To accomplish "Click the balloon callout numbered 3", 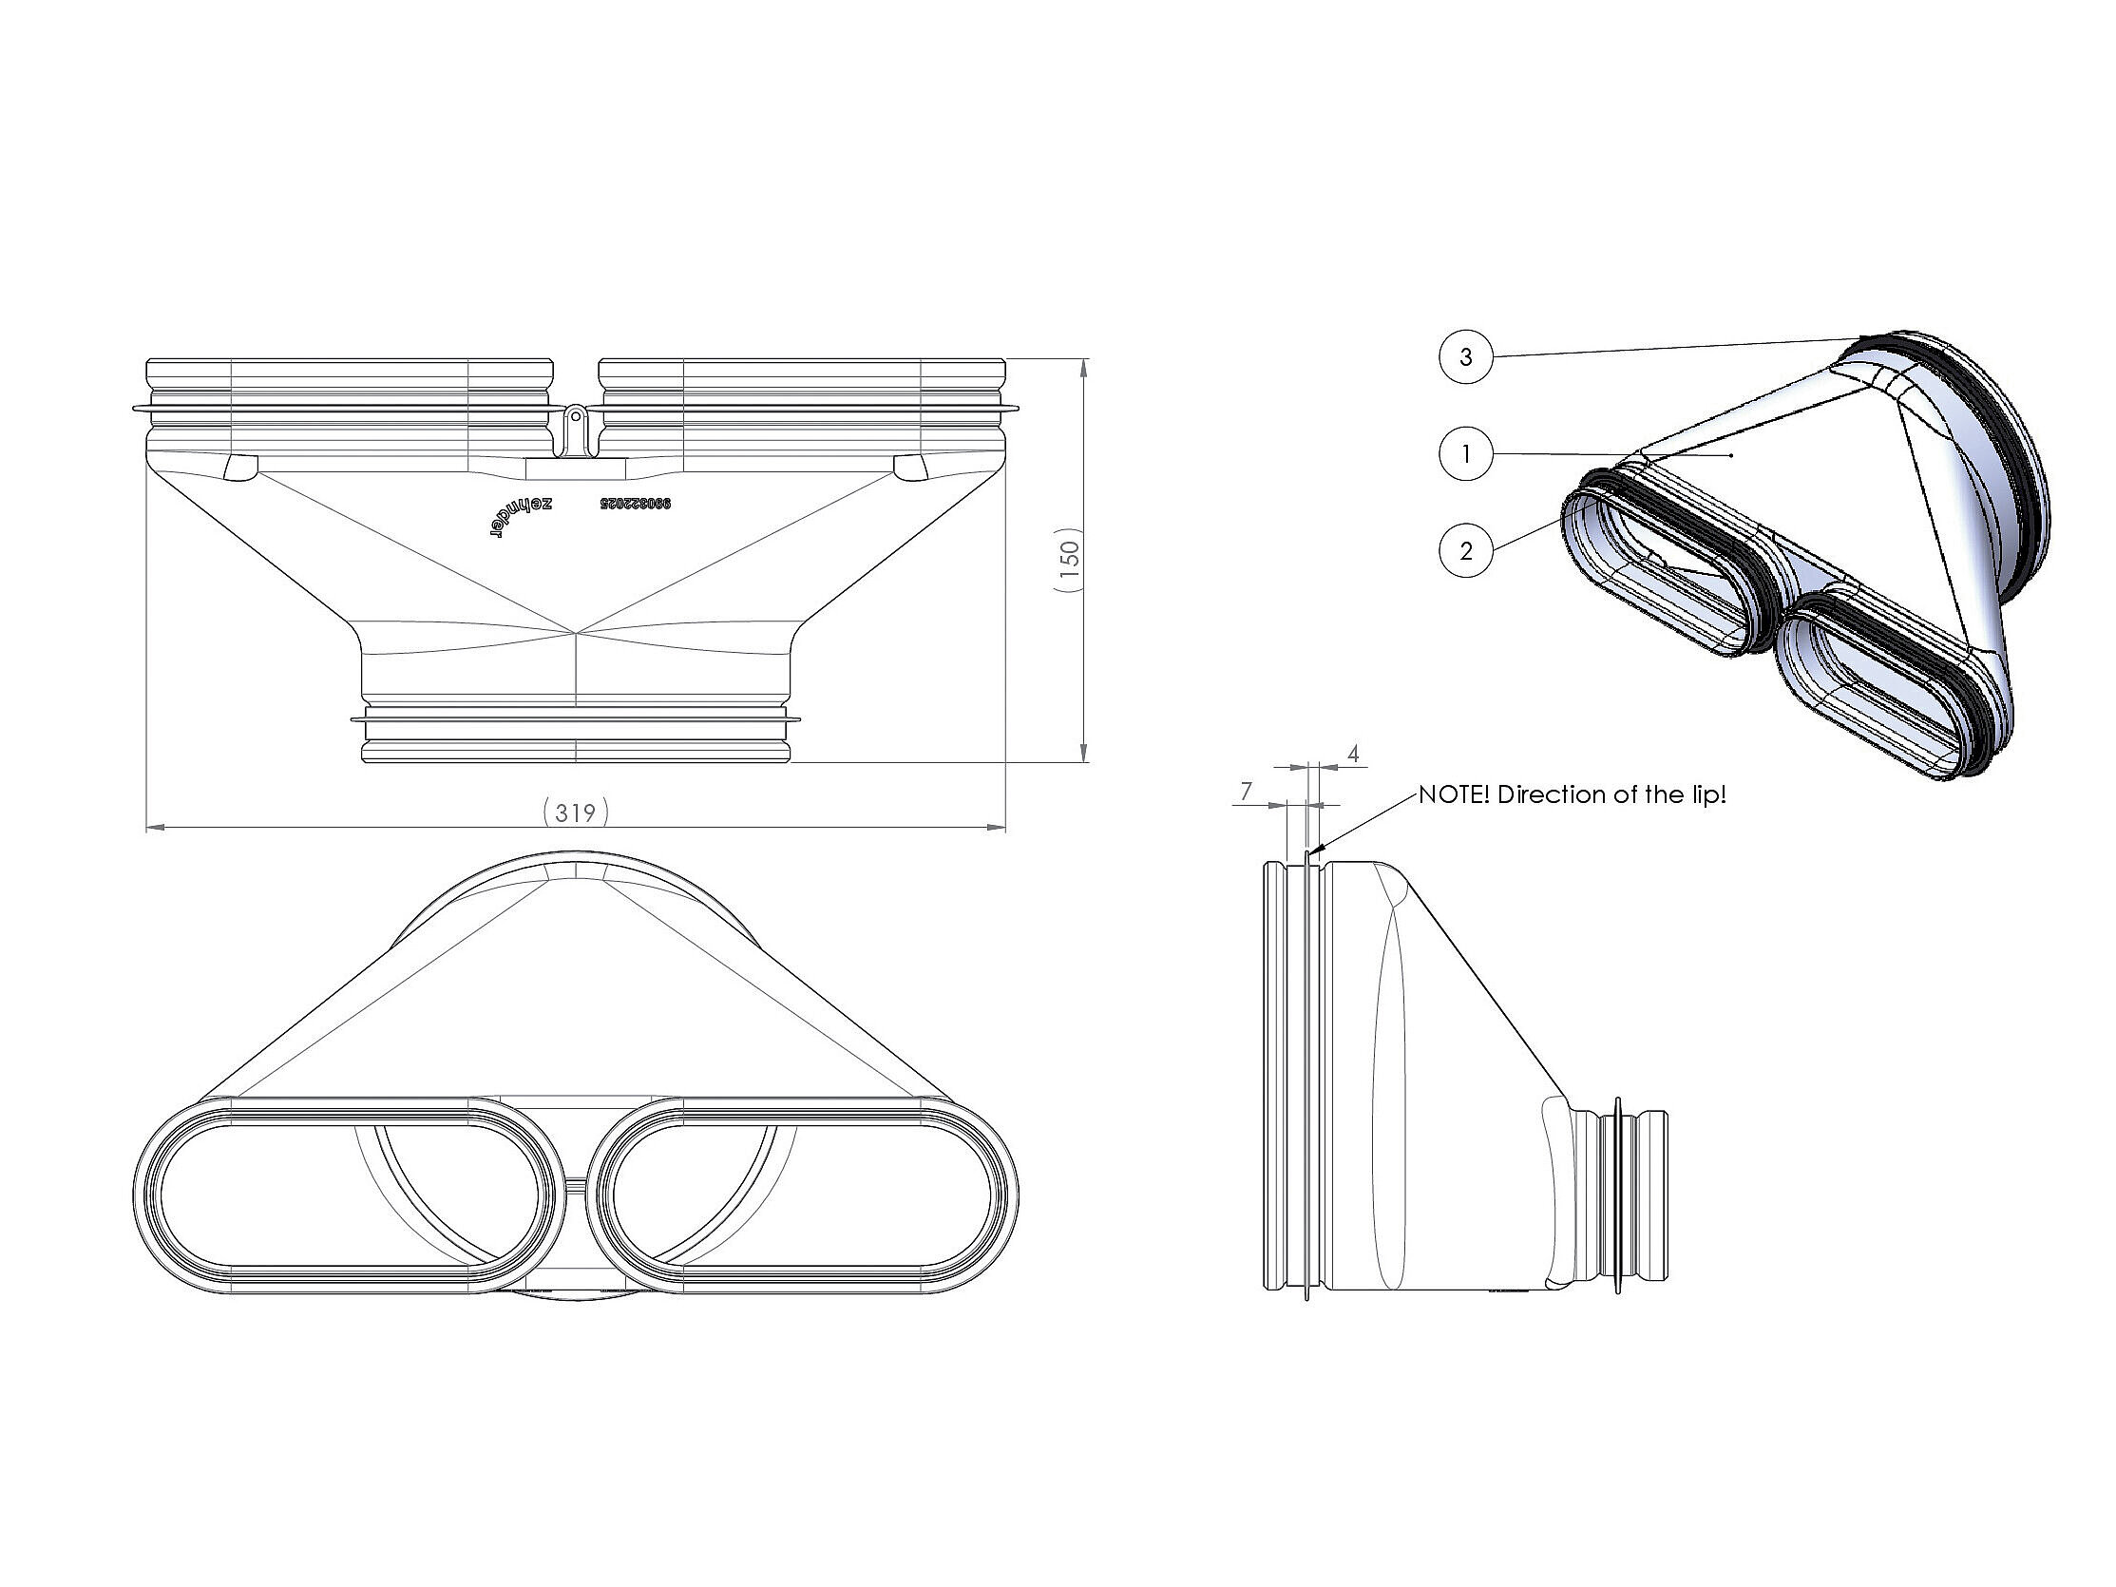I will point(1465,356).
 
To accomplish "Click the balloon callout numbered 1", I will point(1465,453).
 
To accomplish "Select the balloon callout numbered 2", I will point(1465,550).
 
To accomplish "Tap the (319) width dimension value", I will point(575,813).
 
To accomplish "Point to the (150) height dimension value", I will point(1069,561).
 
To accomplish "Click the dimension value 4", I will point(1353,754).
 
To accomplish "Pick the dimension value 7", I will point(1247,791).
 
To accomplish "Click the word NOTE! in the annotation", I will point(1453,795).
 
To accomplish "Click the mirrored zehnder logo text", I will point(520,518).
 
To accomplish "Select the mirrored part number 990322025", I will point(636,502).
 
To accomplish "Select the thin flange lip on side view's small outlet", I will point(1617,1195).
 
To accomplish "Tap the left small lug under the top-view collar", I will point(238,467).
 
